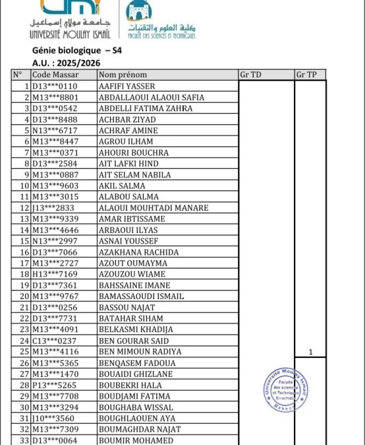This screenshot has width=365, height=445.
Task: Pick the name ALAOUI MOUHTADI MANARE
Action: pyautogui.click(x=153, y=208)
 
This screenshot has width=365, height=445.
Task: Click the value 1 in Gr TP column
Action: pyautogui.click(x=310, y=352)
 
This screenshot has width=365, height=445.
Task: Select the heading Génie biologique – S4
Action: pyautogui.click(x=76, y=50)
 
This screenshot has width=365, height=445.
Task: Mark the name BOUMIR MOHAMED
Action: pyautogui.click(x=136, y=440)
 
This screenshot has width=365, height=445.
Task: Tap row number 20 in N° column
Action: pyautogui.click(x=22, y=296)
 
